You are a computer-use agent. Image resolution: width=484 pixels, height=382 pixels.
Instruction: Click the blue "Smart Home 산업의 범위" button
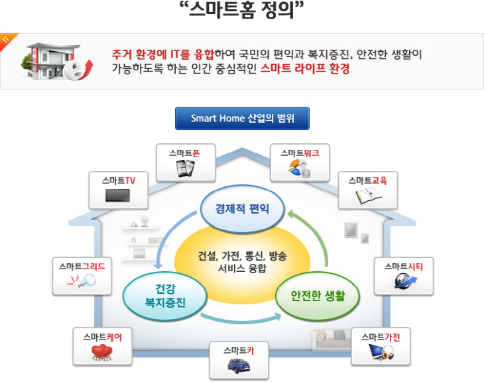[x=242, y=118]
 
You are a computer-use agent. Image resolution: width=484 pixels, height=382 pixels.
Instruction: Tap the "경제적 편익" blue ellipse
[x=243, y=209]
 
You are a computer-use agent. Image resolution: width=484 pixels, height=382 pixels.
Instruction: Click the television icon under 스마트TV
[x=119, y=196]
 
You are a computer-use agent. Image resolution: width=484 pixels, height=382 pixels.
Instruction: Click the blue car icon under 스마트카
[x=238, y=365]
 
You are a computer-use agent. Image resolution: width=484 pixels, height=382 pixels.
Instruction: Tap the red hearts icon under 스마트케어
[x=102, y=353]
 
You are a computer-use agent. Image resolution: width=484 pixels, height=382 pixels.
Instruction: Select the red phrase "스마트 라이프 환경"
[x=305, y=68]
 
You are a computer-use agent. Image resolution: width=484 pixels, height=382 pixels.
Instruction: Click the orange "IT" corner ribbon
[x=7, y=40]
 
